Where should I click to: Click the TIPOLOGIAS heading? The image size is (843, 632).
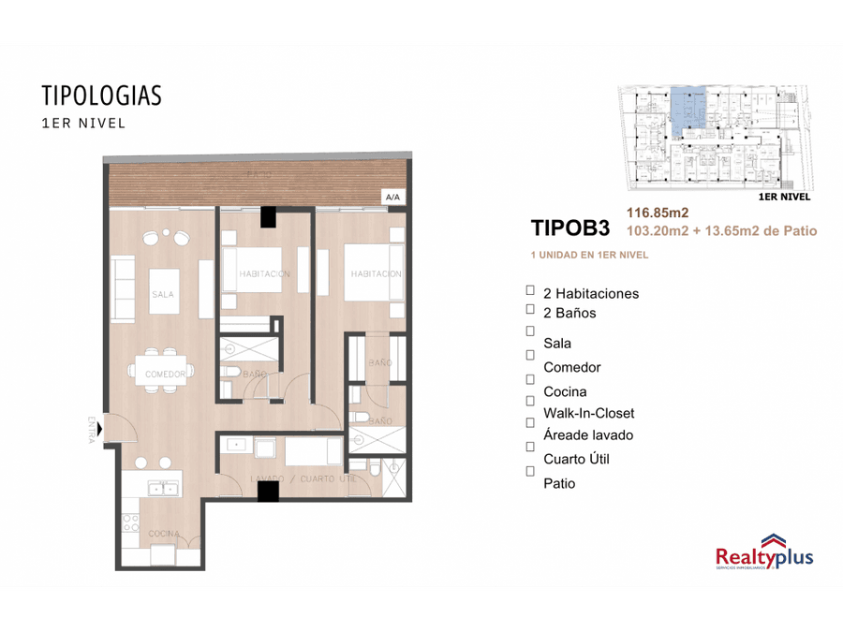[x=101, y=96]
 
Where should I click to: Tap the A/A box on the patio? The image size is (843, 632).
[x=392, y=198]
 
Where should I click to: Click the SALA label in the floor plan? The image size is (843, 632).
[x=162, y=294]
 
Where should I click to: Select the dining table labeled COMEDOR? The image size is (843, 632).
[x=164, y=366]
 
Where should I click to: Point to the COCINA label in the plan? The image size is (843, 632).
[x=163, y=534]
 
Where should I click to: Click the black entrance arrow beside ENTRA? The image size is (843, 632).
[x=100, y=430]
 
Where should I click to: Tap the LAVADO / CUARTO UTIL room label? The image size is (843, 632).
[x=303, y=479]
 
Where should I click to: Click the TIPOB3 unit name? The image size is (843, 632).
[x=569, y=228]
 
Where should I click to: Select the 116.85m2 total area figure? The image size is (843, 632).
[x=657, y=213]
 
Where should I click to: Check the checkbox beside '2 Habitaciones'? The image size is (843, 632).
[x=530, y=291]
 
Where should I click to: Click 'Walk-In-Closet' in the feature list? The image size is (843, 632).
[x=588, y=413]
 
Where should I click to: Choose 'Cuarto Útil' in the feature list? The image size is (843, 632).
[x=576, y=459]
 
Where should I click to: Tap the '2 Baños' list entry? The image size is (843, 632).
[x=569, y=313]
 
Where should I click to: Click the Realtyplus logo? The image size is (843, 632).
[x=763, y=553]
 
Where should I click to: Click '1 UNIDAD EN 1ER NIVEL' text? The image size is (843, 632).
[x=589, y=255]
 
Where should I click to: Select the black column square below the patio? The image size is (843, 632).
[x=268, y=216]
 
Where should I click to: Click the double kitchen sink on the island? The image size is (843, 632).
[x=164, y=488]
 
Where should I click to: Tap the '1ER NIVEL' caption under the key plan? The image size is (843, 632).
[x=783, y=198]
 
